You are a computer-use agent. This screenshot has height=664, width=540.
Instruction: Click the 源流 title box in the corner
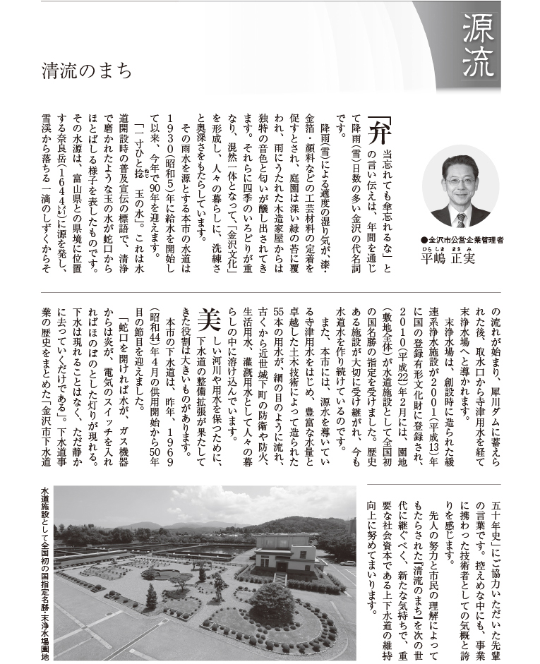(479, 47)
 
